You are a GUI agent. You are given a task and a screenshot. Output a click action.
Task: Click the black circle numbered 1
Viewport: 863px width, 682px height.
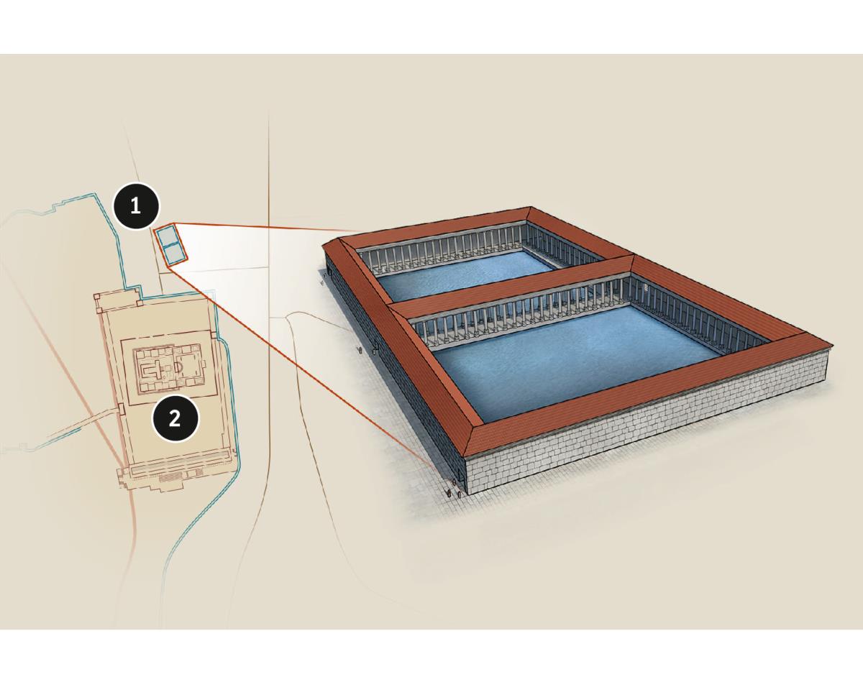pyautogui.click(x=136, y=206)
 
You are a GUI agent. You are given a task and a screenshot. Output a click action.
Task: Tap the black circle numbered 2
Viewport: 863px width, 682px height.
pyautogui.click(x=175, y=419)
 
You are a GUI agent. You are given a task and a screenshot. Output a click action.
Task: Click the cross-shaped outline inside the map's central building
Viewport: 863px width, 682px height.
pyautogui.click(x=155, y=367)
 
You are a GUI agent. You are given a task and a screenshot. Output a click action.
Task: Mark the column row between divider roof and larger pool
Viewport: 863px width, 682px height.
pyautogui.click(x=517, y=309)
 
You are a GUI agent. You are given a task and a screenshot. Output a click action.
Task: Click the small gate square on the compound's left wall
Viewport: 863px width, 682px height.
pyautogui.click(x=119, y=410)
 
